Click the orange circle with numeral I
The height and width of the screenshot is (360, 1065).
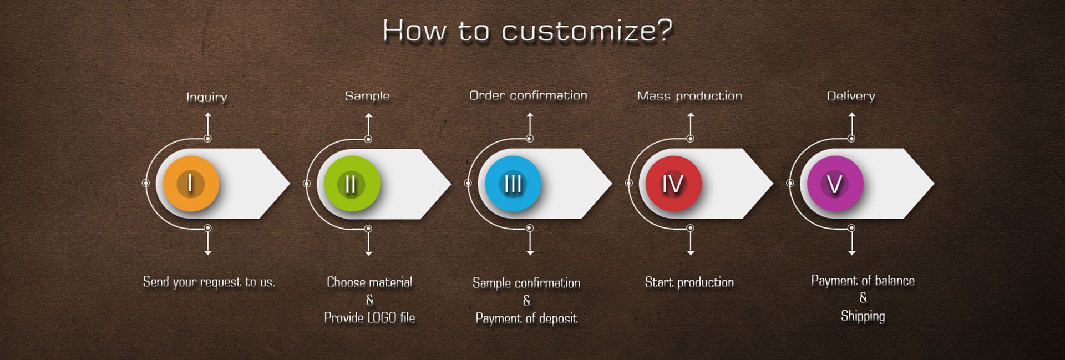pyautogui.click(x=191, y=183)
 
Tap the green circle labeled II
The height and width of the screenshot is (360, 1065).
pyautogui.click(x=352, y=184)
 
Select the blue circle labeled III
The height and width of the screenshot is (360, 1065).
pyautogui.click(x=513, y=184)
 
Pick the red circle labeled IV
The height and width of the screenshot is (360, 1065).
pyautogui.click(x=673, y=184)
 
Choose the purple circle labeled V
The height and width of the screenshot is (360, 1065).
pyautogui.click(x=835, y=184)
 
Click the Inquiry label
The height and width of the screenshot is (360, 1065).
pyautogui.click(x=206, y=97)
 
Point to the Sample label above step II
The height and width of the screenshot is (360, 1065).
pyautogui.click(x=367, y=96)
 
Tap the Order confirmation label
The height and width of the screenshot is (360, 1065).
pyautogui.click(x=528, y=95)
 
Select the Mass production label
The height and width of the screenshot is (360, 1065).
pyautogui.click(x=689, y=96)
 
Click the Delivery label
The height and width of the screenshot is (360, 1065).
pyautogui.click(x=850, y=96)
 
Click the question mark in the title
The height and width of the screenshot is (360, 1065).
pyautogui.click(x=665, y=30)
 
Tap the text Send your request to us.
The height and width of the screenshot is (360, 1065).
pyautogui.click(x=209, y=282)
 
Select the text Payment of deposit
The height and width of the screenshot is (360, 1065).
pyautogui.click(x=526, y=318)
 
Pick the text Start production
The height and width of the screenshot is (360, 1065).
pyautogui.click(x=689, y=282)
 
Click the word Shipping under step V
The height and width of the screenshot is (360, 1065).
pyautogui.click(x=863, y=316)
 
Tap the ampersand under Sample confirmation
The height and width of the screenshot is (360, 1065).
pyautogui.click(x=526, y=300)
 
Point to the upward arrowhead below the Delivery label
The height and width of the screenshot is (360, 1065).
pyautogui.click(x=851, y=115)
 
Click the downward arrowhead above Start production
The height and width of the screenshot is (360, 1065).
pyautogui.click(x=691, y=252)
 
